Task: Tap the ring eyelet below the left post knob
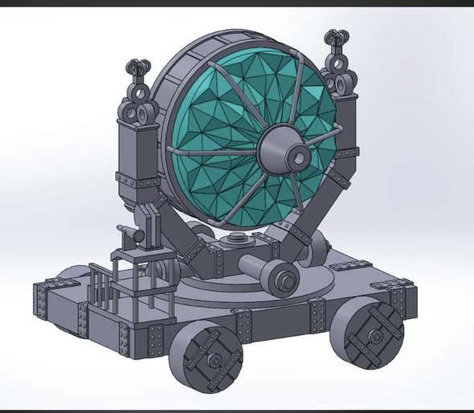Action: pos(143,112)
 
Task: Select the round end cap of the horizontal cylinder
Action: pos(286,279)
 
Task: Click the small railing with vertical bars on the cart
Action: pos(101,289)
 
